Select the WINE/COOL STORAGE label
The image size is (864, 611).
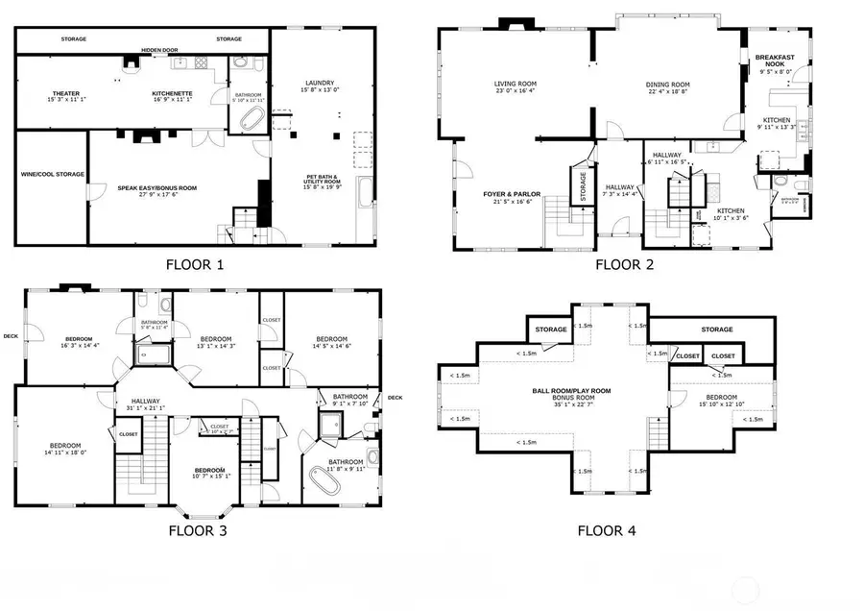coord(53,175)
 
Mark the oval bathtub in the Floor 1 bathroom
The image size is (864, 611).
coord(252,121)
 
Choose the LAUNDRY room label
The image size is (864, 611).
coord(319,86)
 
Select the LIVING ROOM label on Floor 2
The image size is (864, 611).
coord(513,86)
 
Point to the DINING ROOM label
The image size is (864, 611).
coord(667,87)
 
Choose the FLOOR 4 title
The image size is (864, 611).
coord(606,529)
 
